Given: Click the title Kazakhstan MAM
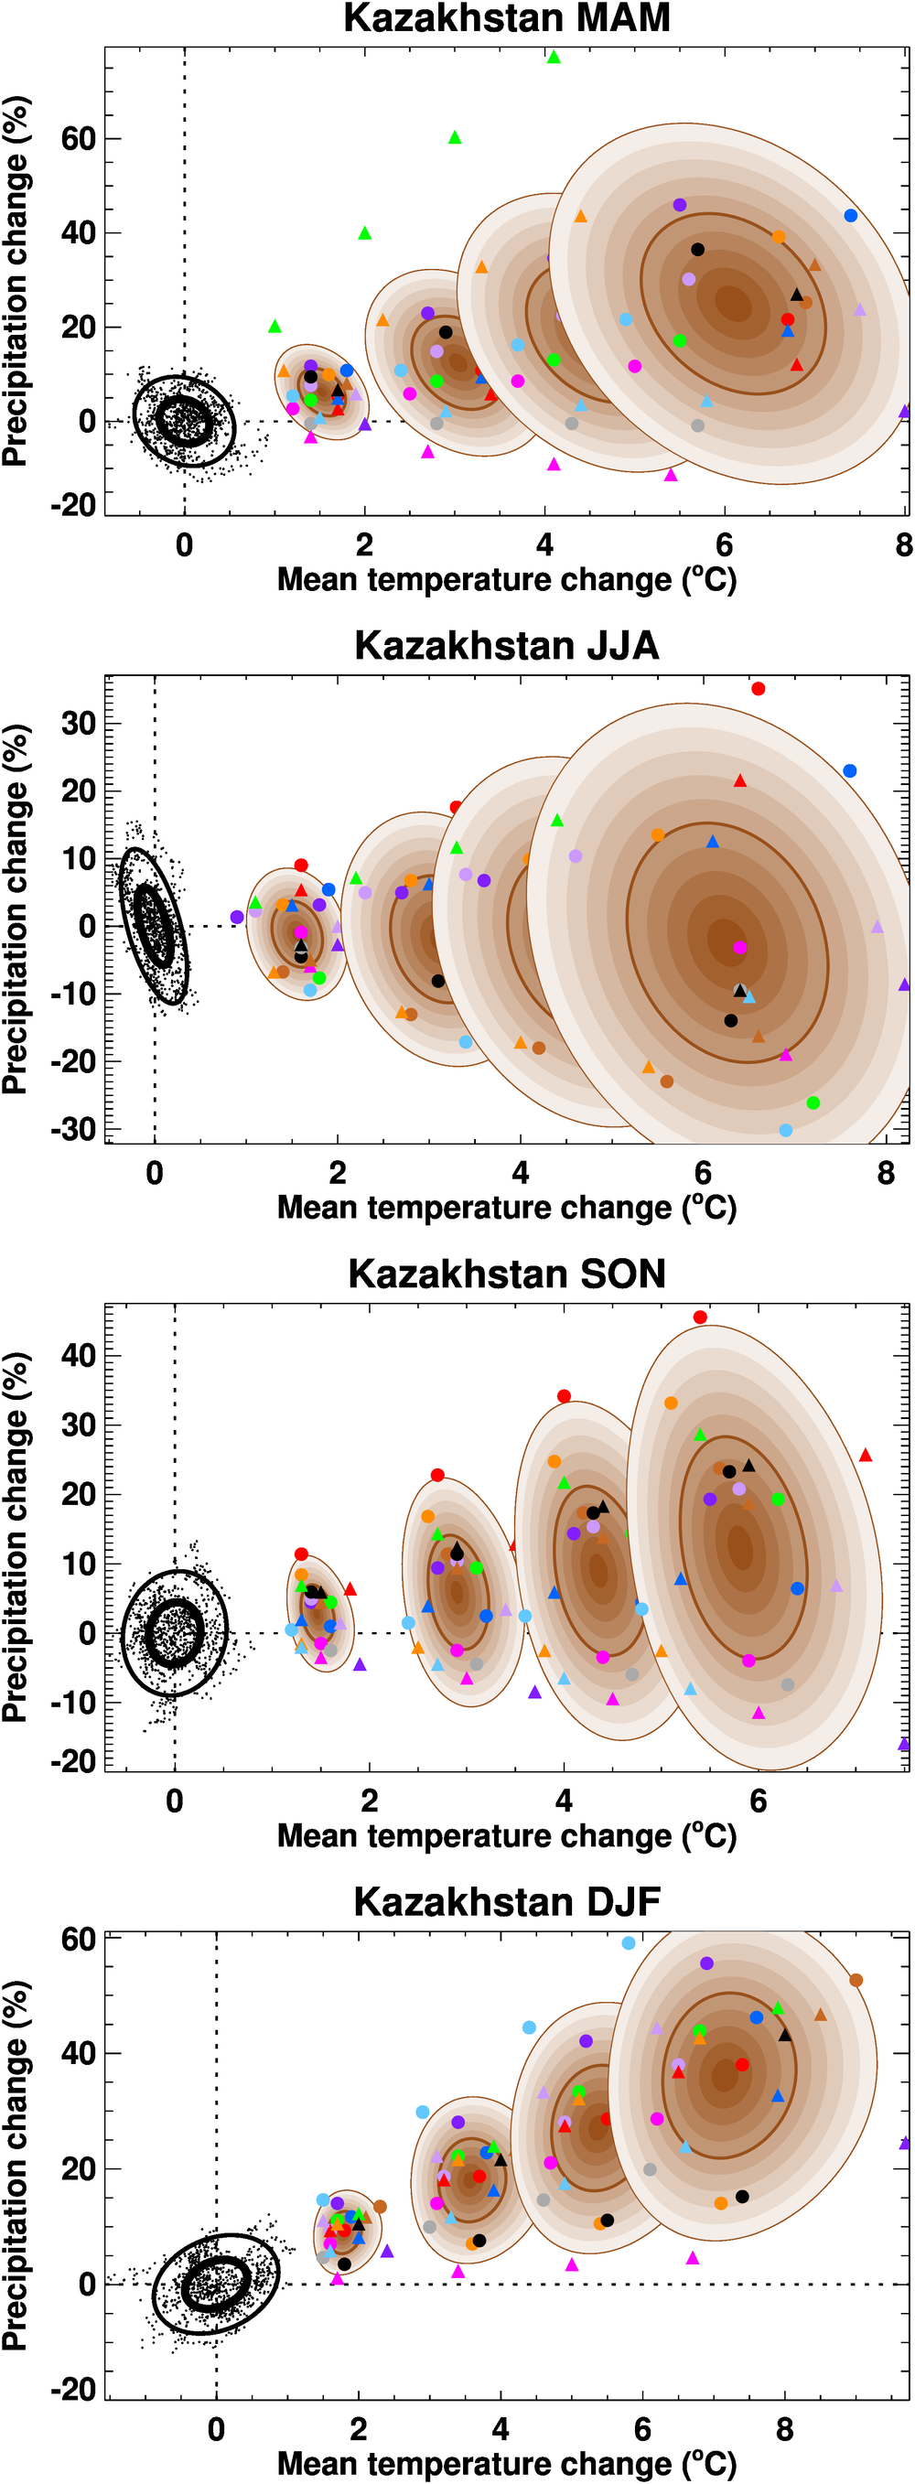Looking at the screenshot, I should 506,18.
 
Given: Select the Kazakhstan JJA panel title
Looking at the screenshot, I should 506,645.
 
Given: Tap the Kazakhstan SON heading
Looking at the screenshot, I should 506,1273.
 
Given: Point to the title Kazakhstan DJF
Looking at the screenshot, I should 506,1901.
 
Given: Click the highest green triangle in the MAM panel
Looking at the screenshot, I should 554,57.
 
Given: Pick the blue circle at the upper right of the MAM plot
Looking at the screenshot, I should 850,216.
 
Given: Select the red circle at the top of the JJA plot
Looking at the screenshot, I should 758,689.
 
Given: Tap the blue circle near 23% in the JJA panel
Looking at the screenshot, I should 849,770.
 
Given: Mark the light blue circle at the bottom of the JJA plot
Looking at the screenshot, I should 786,1130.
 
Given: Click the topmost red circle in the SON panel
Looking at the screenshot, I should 700,1317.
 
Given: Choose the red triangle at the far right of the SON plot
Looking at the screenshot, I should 865,1455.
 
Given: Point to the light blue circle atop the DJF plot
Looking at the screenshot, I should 629,1943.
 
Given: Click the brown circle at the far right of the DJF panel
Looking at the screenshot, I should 856,1981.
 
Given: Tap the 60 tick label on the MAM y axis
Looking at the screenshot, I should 77,139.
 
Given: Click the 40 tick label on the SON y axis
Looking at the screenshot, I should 77,1355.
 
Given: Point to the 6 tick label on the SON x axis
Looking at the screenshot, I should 758,1801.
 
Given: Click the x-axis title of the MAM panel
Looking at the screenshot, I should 506,579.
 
